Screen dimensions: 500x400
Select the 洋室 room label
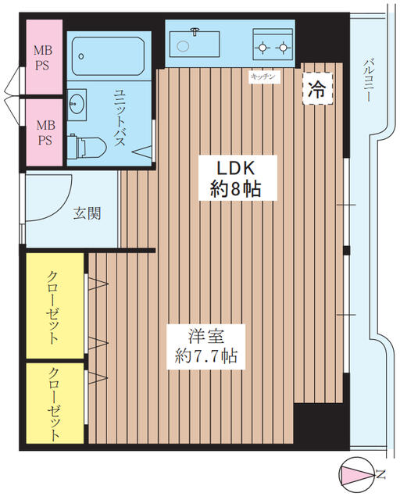click(206, 336)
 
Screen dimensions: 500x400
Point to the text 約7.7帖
click(206, 357)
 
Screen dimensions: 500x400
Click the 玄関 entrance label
click(87, 212)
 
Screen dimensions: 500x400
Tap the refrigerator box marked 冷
click(317, 89)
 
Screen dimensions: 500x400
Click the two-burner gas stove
click(273, 45)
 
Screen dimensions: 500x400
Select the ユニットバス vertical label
click(121, 117)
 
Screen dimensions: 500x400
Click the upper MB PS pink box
click(44, 59)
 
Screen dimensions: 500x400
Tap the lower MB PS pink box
click(44, 130)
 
